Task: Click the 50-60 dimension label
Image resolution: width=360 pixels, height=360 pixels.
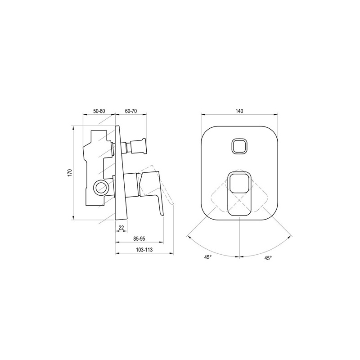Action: coord(99,111)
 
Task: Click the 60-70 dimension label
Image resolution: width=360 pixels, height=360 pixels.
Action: coord(131,111)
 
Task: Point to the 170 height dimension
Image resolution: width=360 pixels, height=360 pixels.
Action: coord(70,173)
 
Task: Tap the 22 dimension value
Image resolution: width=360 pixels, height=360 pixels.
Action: coord(121,228)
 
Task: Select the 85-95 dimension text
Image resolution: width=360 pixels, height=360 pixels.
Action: coord(139,239)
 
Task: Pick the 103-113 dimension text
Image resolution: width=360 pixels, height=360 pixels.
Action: coord(144,250)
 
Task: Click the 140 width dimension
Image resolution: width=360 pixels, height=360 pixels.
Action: coord(239,111)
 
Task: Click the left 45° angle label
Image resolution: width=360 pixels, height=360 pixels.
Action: coord(208,257)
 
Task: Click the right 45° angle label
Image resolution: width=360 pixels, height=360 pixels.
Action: coord(268,258)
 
